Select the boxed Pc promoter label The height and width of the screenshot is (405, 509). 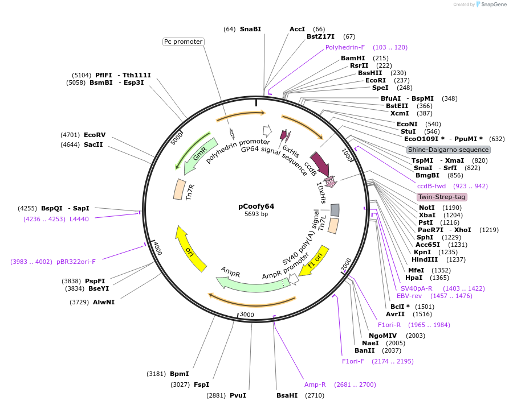(x=183, y=42)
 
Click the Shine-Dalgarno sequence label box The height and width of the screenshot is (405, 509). (x=447, y=150)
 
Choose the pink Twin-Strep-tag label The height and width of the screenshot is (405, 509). (x=442, y=197)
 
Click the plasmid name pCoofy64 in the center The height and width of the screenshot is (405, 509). (x=256, y=206)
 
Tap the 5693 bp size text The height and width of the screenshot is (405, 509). (x=256, y=214)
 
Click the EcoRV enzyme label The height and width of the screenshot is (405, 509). (x=95, y=135)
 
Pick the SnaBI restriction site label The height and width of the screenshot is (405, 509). (x=250, y=29)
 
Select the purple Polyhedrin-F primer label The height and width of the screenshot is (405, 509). (x=345, y=47)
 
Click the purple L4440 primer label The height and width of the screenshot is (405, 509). (x=79, y=218)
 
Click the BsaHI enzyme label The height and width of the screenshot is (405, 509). (x=287, y=395)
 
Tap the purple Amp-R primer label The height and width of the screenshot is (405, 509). (x=315, y=385)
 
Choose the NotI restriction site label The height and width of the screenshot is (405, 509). (x=426, y=208)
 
